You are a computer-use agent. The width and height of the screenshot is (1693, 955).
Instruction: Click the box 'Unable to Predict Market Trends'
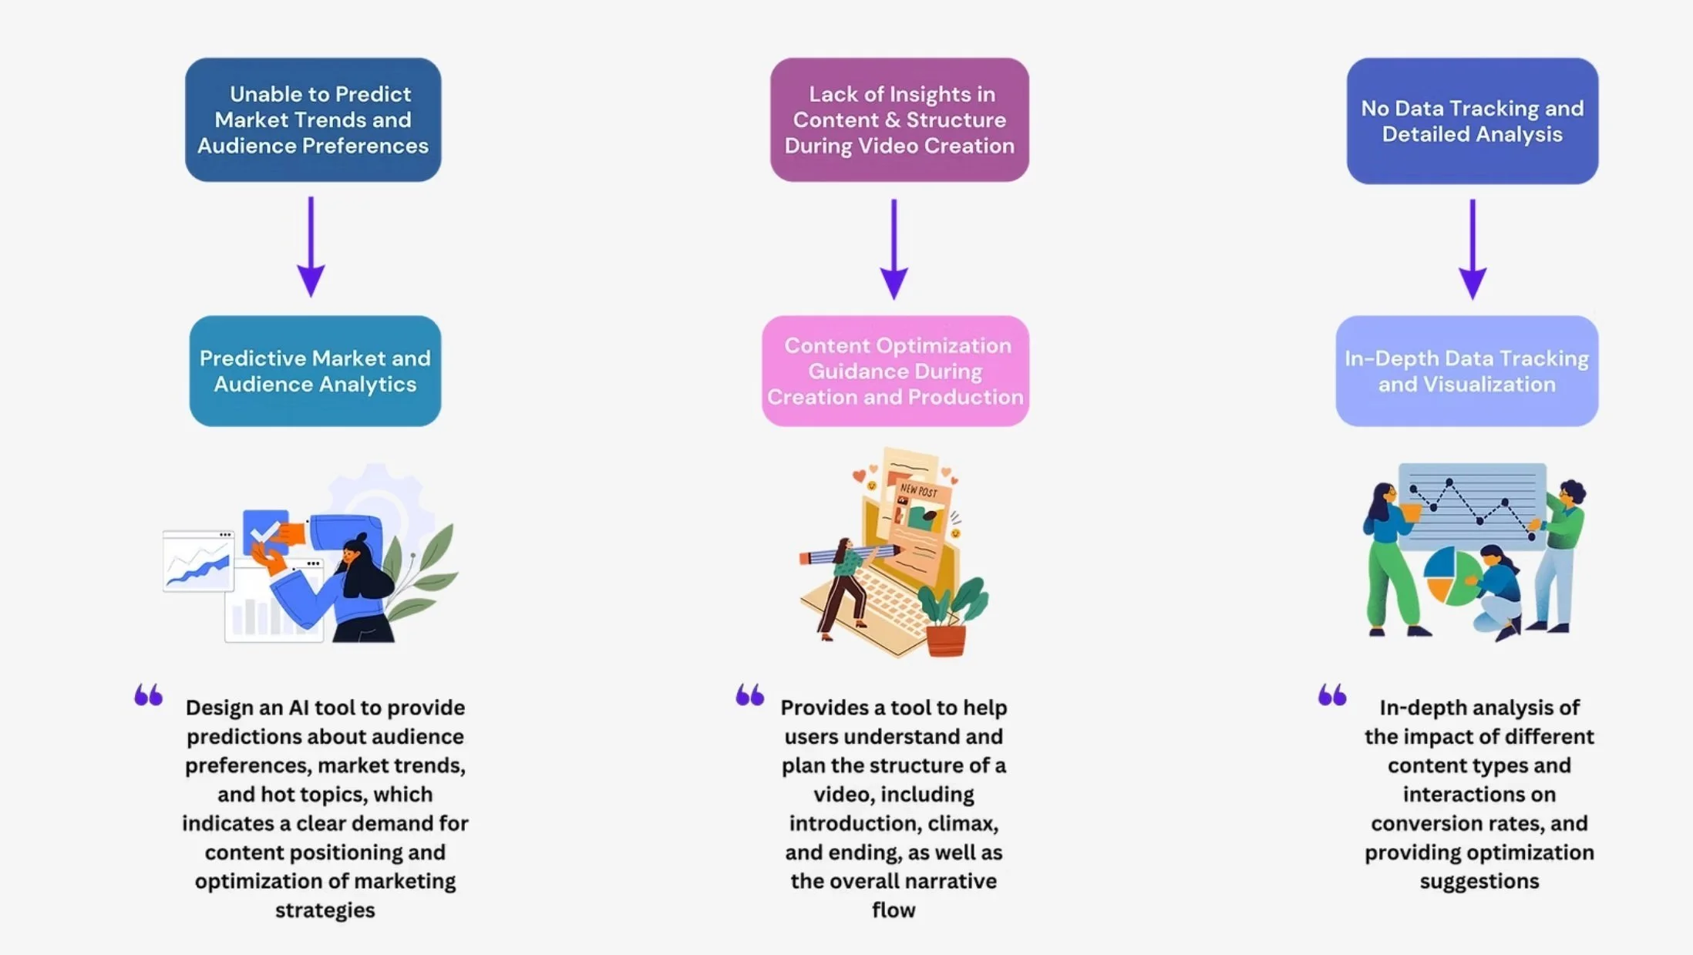313,119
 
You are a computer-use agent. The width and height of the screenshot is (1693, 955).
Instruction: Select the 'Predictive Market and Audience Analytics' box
315,371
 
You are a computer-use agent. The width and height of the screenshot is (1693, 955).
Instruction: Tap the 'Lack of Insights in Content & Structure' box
899,119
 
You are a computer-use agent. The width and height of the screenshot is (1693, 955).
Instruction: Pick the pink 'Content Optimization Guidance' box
895,371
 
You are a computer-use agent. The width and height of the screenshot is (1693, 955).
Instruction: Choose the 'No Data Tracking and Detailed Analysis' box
1472,120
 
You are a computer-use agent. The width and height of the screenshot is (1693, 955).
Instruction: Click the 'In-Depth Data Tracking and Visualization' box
1466,371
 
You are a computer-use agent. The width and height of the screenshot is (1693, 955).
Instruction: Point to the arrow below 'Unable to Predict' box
311,247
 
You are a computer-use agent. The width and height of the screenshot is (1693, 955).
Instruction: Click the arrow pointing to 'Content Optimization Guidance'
894,249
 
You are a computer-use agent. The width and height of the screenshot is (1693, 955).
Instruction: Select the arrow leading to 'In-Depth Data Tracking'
1472,249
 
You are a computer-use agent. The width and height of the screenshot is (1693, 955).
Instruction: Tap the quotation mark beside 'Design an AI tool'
148,694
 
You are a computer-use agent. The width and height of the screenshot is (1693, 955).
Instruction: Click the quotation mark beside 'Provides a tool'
749,694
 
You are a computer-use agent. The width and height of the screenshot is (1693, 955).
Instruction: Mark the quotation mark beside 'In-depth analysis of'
1331,694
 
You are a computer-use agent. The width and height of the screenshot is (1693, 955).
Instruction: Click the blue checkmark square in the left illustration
264,530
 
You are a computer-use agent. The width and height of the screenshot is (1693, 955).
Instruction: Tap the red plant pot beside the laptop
945,641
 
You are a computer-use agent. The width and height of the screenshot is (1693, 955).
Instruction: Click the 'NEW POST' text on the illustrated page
918,490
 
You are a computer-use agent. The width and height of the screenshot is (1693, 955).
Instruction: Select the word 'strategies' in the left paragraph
325,910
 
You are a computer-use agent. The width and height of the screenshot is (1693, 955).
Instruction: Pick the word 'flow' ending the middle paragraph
894,910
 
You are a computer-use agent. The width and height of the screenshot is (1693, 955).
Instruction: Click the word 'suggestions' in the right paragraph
1479,881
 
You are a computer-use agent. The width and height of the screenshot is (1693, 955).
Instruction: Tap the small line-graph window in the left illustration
198,562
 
